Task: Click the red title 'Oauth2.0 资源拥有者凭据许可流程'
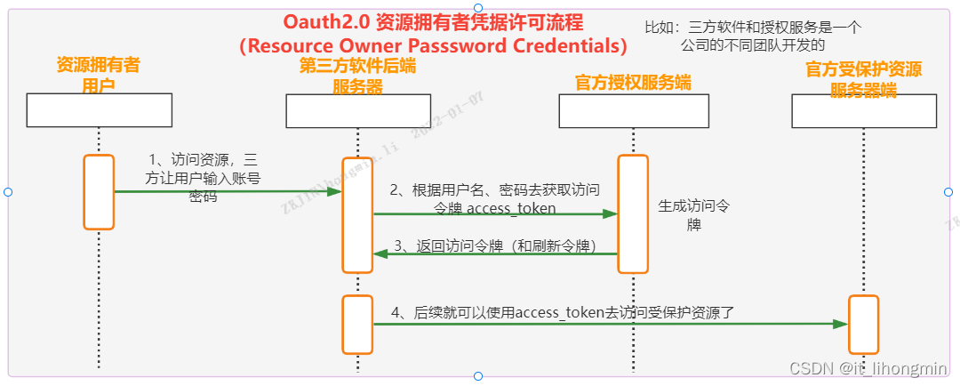[433, 21]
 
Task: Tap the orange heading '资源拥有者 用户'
[98, 75]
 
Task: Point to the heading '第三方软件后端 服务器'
[357, 75]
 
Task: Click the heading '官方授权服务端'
[633, 82]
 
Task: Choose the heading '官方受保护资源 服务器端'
[863, 78]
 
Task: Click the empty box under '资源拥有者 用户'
[99, 110]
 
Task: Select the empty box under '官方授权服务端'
[632, 110]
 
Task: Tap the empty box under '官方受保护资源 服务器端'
[863, 110]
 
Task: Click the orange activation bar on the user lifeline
[99, 192]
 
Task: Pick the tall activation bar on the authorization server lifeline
[632, 213]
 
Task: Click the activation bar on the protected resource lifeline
[863, 325]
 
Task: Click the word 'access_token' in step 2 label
[511, 208]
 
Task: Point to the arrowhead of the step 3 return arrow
[380, 253]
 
